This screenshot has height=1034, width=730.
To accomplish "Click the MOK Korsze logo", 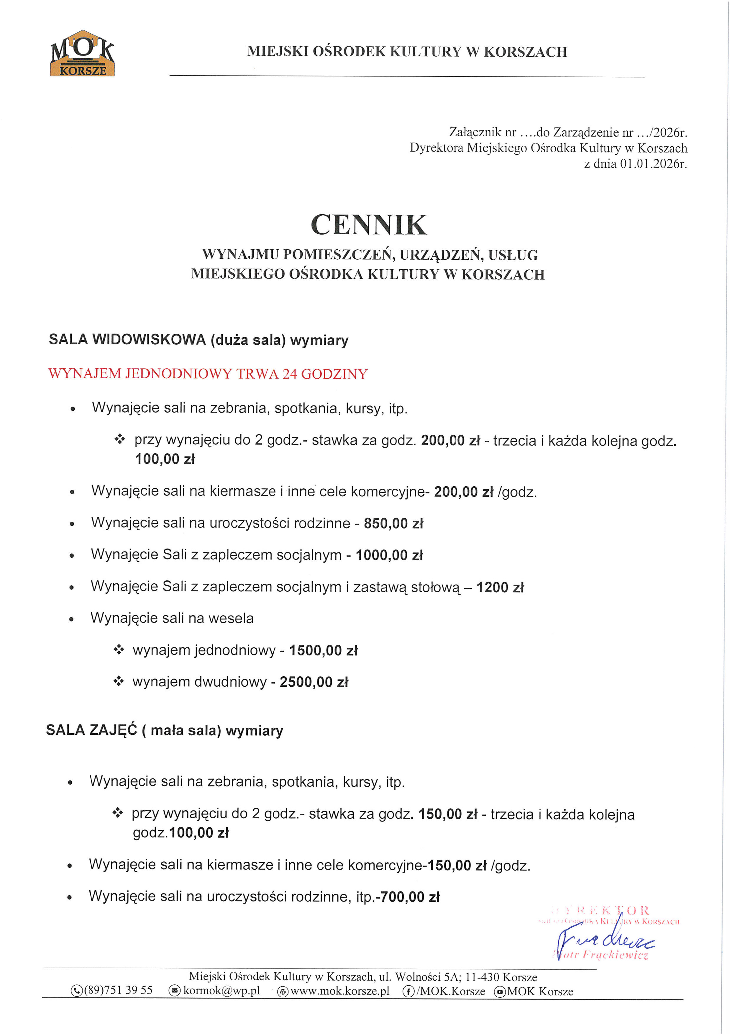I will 82,53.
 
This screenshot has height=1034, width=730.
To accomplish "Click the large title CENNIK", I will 369,225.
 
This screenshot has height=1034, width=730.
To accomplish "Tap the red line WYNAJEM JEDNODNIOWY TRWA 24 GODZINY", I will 208,374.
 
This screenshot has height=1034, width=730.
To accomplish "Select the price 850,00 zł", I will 393,523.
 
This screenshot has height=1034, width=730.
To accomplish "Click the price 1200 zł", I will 500,587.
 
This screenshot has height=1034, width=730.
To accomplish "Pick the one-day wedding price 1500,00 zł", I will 323,650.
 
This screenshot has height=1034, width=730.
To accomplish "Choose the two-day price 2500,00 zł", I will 314,682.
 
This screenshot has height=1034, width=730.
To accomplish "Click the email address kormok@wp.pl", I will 222,991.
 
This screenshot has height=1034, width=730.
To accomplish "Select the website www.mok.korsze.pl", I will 340,991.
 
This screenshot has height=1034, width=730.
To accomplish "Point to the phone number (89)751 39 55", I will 118,990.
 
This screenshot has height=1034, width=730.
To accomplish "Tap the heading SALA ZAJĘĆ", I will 91,730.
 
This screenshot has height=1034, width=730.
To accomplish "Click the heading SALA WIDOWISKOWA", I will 127,340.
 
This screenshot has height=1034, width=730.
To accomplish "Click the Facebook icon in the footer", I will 408,991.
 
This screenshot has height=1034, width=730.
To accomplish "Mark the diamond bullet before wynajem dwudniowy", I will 118,681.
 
